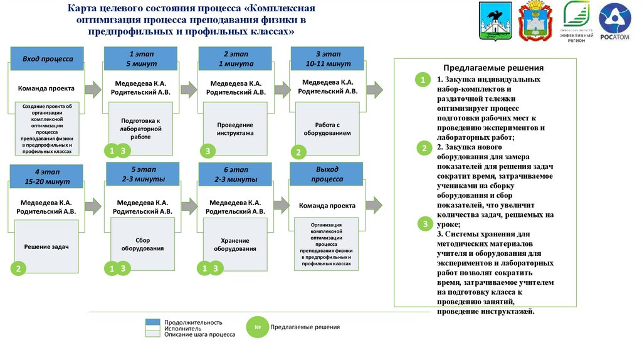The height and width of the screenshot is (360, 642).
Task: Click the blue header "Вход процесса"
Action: click(48, 59)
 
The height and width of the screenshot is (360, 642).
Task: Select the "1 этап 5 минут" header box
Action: click(140, 59)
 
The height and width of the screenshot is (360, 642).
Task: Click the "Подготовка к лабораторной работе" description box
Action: click(140, 128)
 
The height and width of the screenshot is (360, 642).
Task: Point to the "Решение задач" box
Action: click(48, 247)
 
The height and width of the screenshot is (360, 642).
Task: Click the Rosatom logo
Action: click(614, 21)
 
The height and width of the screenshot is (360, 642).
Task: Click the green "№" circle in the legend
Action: click(257, 327)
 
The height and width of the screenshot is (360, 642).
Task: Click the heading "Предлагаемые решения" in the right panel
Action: click(493, 68)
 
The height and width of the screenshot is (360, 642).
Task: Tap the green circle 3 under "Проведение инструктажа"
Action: click(208, 151)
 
